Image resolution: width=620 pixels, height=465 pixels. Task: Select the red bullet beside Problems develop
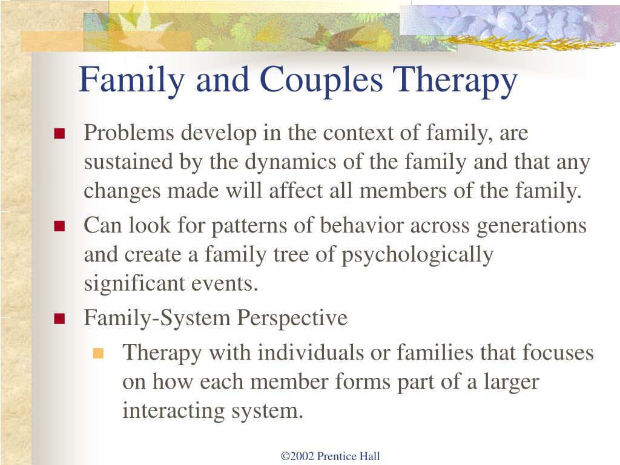click(59, 134)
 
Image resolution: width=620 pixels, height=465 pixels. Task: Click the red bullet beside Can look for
click(59, 226)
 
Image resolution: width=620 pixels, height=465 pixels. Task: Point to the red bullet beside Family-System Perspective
click(59, 318)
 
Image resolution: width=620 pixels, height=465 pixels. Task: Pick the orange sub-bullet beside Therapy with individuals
click(97, 353)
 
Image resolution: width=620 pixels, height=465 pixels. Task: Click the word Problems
click(129, 132)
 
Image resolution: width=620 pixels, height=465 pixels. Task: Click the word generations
click(532, 226)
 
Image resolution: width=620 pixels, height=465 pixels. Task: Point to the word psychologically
click(417, 256)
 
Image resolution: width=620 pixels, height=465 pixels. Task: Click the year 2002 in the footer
click(303, 456)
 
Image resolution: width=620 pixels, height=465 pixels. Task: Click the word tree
click(291, 255)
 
